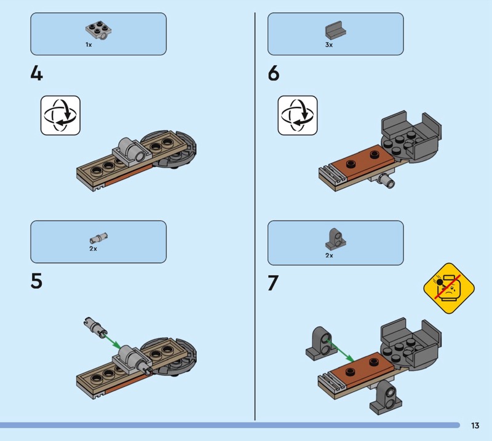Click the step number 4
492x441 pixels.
tap(36, 74)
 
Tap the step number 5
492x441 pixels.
tap(36, 281)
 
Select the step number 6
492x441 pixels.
tap(273, 73)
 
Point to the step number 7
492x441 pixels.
tap(272, 283)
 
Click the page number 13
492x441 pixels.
tap(475, 425)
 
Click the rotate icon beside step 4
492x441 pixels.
tap(60, 115)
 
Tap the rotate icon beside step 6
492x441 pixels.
tap(298, 115)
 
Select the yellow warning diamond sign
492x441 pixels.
tap(449, 288)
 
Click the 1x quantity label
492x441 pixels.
tap(89, 45)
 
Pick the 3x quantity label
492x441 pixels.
tap(329, 45)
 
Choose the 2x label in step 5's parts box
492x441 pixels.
tap(93, 249)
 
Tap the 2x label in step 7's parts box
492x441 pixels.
tap(329, 256)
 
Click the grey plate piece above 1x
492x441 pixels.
tap(98, 31)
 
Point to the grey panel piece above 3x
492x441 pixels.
tap(335, 31)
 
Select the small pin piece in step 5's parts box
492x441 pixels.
tap(98, 238)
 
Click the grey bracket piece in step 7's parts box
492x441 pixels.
tap(335, 239)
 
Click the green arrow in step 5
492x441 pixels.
tap(112, 341)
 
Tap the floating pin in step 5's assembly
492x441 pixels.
tap(95, 327)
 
